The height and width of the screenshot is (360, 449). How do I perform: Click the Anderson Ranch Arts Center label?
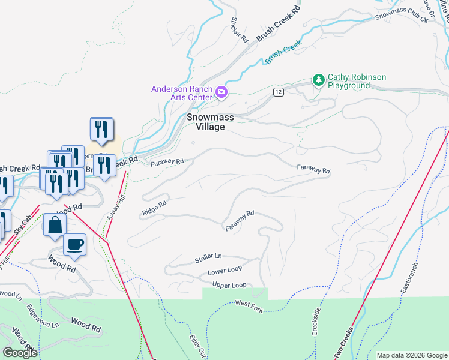click(182, 93)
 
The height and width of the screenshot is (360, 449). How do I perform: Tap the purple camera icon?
click(221, 92)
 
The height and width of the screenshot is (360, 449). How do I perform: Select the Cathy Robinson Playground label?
click(357, 81)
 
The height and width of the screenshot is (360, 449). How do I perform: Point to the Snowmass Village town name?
click(205, 122)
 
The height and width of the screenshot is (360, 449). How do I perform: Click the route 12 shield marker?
click(277, 91)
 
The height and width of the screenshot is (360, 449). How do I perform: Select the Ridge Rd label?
click(154, 209)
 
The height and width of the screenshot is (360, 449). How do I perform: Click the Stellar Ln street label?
click(208, 259)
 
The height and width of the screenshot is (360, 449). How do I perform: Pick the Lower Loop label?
click(224, 272)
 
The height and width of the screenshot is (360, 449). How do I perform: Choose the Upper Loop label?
click(229, 285)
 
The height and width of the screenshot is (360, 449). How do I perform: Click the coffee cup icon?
click(74, 244)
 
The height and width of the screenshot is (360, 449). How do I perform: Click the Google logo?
click(19, 352)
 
